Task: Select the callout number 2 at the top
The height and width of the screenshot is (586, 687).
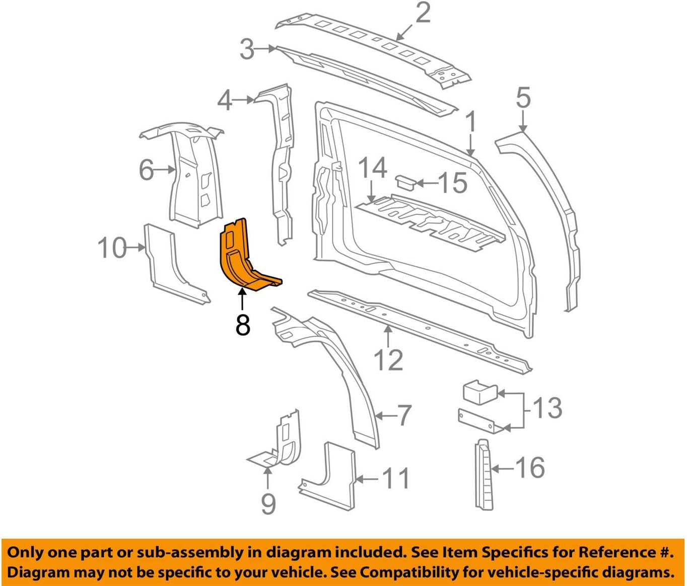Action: [423, 13]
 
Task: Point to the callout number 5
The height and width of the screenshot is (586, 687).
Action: [523, 97]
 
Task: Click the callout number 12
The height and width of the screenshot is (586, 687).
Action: [388, 360]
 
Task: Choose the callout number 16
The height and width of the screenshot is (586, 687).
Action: [530, 468]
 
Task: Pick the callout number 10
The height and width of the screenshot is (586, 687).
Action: [112, 248]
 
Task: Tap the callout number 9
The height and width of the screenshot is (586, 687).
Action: [268, 503]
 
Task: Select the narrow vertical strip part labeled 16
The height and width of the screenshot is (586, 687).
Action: [483, 473]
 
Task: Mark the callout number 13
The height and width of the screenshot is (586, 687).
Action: [547, 408]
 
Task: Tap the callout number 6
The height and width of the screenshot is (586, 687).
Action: [147, 170]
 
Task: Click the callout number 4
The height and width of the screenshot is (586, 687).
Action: [225, 100]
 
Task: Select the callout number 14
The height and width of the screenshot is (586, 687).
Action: [372, 168]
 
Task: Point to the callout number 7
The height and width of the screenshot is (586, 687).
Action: [404, 416]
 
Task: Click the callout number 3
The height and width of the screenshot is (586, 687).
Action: [247, 49]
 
